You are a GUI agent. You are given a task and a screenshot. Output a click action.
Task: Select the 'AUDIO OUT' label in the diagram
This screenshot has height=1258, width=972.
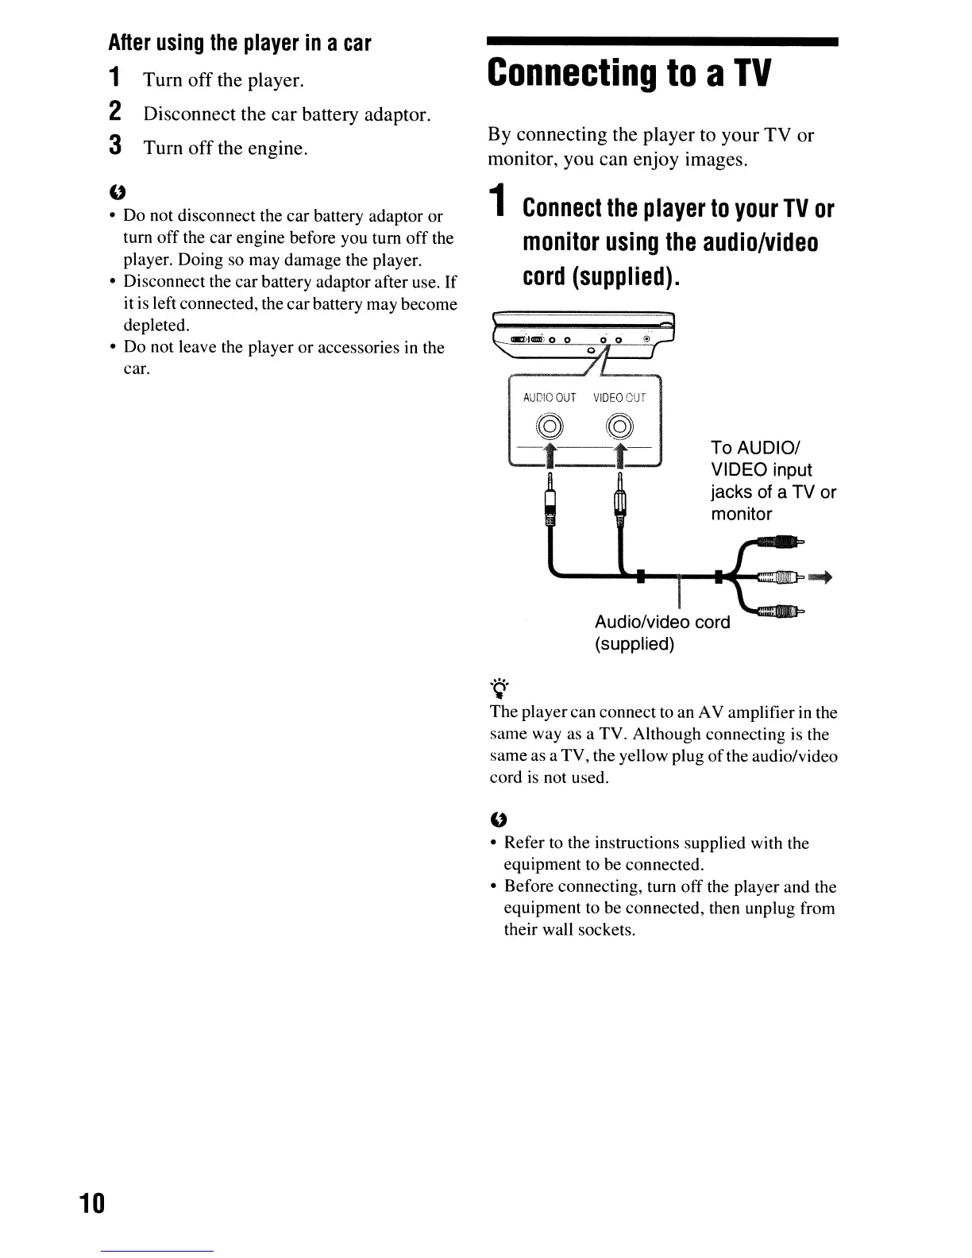tap(549, 398)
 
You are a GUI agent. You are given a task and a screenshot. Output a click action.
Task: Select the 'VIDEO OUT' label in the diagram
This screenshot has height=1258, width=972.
tap(619, 398)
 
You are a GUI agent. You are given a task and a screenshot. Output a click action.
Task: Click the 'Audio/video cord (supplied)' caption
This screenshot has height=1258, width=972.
tap(661, 632)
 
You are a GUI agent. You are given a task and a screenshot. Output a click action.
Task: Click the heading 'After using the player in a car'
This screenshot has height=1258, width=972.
tap(240, 43)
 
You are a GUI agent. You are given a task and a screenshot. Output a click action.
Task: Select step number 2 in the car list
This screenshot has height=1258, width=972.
tap(115, 113)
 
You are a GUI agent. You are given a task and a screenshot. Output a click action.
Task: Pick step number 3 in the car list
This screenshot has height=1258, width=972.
tap(115, 147)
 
